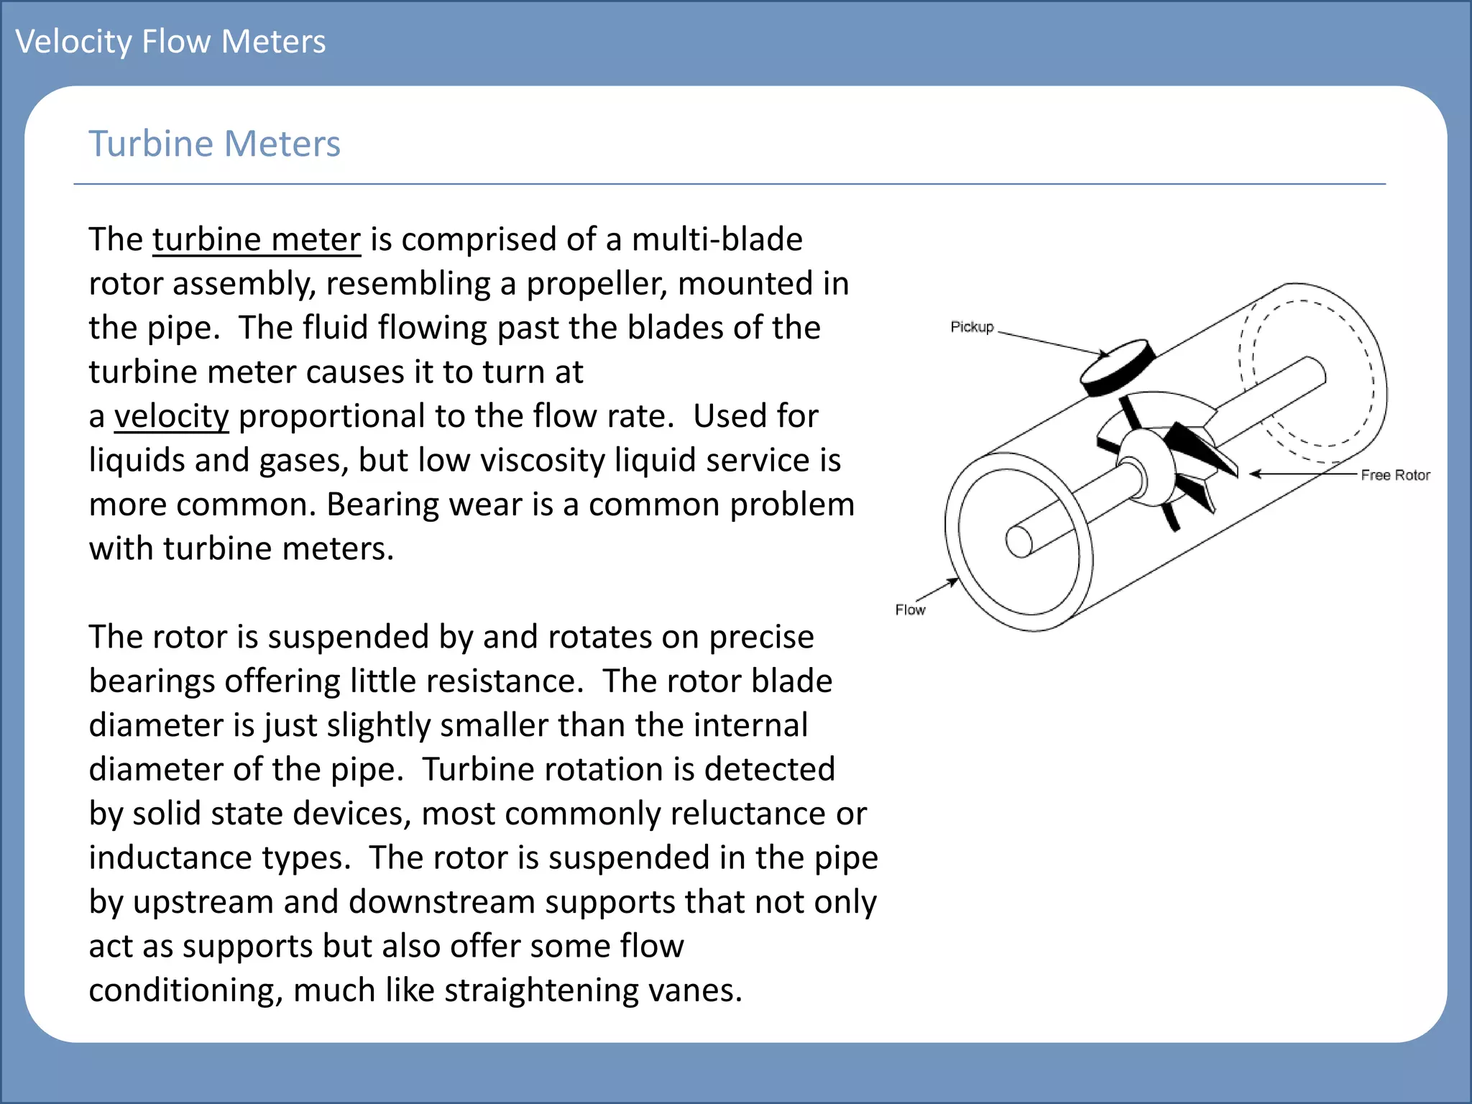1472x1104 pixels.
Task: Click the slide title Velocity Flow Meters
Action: pos(170,42)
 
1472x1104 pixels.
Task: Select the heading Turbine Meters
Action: pos(214,144)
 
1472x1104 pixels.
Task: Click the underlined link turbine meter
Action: pos(257,239)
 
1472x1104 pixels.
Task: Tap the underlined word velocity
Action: pos(171,416)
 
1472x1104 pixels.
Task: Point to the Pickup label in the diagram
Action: pos(972,327)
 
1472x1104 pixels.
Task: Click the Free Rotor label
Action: pos(1394,475)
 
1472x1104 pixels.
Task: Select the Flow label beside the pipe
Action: pos(910,609)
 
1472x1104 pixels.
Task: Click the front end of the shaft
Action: pos(1019,541)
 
